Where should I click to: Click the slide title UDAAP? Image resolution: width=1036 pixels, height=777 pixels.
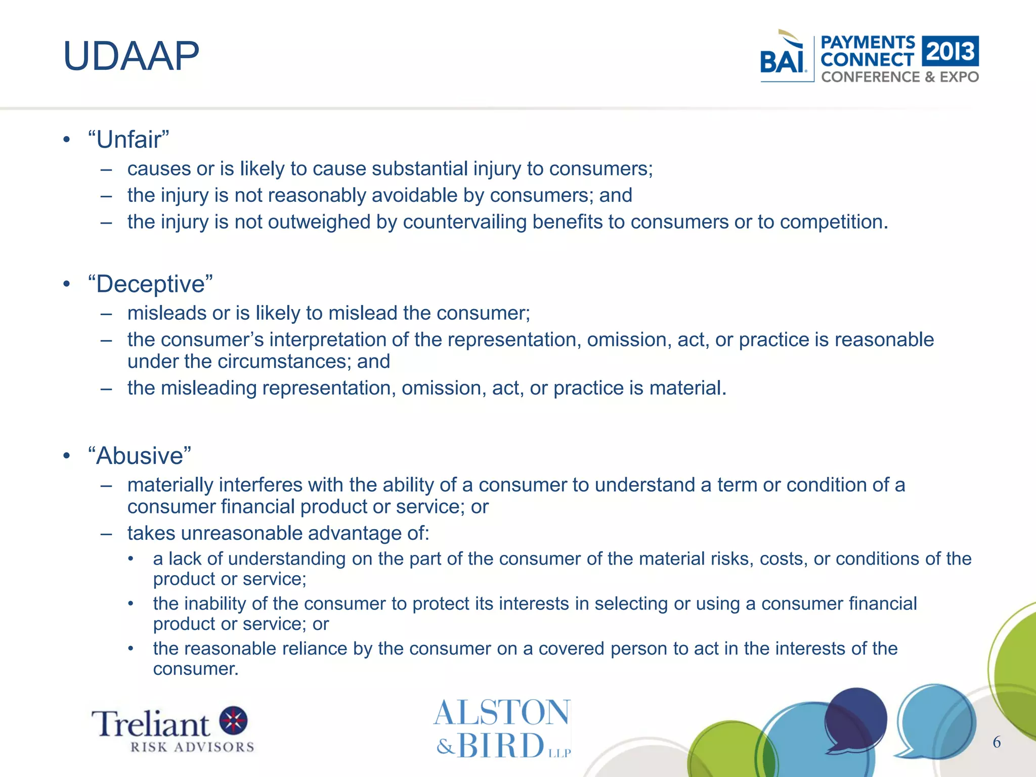(x=131, y=56)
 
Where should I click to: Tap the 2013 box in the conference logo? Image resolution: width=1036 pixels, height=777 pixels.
(x=950, y=51)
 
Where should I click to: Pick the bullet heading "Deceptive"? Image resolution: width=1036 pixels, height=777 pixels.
(x=150, y=284)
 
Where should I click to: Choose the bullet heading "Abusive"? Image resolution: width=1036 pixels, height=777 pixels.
(x=139, y=456)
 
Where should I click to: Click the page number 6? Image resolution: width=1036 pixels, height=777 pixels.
(x=997, y=742)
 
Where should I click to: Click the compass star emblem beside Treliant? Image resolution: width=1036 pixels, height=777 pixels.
(x=233, y=720)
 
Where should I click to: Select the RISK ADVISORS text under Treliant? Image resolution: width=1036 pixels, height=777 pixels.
(x=192, y=747)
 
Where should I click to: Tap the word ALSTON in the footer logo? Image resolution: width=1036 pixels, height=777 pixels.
(x=502, y=713)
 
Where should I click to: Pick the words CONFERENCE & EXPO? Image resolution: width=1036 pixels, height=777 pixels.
(x=899, y=77)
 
